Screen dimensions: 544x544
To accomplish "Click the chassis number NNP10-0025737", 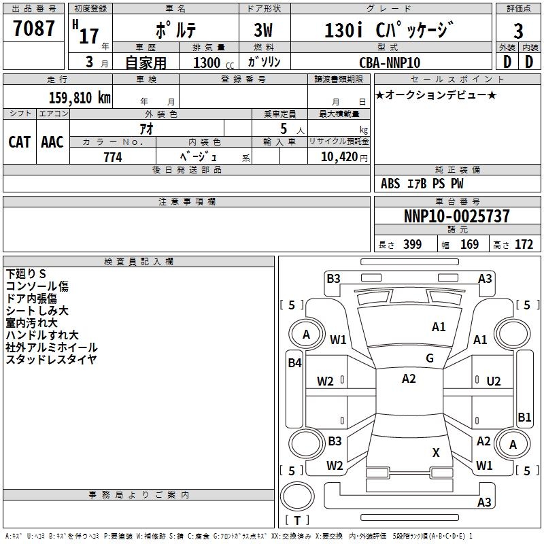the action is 456,217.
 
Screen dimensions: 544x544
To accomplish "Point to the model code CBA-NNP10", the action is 390,63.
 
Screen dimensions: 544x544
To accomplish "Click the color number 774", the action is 112,157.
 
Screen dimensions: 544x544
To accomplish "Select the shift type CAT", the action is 20,142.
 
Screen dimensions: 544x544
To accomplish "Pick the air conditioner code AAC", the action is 52,142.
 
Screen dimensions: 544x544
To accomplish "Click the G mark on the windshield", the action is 430,358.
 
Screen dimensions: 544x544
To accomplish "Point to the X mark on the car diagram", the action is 436,452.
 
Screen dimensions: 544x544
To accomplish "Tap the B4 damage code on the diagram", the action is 294,363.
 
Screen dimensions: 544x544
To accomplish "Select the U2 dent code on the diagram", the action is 494,381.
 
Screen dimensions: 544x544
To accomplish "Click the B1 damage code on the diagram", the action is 524,418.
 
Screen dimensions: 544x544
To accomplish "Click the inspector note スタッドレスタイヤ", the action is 51,360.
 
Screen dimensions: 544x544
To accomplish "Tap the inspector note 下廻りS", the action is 27,274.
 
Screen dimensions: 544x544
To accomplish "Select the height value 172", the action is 524,245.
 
